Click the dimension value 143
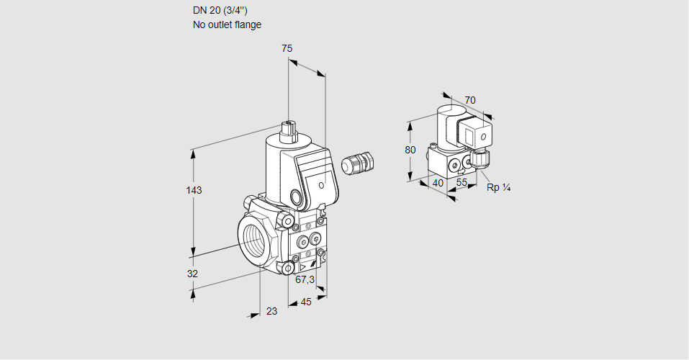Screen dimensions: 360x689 (x=193, y=190)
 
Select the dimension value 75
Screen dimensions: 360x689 (x=287, y=48)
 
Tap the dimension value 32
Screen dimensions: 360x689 (x=192, y=274)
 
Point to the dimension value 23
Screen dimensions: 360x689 (x=271, y=311)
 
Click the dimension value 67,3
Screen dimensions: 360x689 (x=305, y=279)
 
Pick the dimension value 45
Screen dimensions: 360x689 (x=306, y=302)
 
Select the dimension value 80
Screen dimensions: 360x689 (x=410, y=150)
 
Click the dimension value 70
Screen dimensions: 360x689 (x=470, y=100)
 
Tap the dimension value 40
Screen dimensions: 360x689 (x=438, y=183)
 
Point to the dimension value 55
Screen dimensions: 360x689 (x=462, y=183)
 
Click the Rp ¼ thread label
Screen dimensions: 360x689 (x=498, y=188)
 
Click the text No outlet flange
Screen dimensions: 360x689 (x=227, y=24)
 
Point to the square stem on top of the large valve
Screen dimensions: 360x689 (x=289, y=130)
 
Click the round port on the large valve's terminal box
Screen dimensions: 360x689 (x=296, y=197)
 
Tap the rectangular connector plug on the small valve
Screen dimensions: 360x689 (x=475, y=134)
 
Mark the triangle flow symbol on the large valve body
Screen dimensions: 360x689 (x=302, y=266)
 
